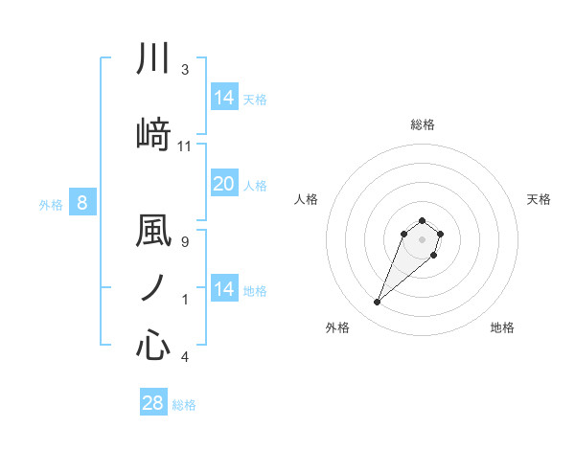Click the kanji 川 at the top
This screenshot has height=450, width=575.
click(x=153, y=59)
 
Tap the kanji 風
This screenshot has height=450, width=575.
click(x=153, y=233)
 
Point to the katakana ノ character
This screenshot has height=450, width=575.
click(x=153, y=287)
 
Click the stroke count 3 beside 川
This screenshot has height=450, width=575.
click(x=185, y=70)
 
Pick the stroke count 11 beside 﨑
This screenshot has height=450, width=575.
click(x=185, y=146)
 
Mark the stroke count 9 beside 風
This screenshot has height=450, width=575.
click(x=185, y=242)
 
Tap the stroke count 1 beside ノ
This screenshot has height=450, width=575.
click(x=185, y=300)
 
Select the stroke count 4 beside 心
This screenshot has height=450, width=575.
click(x=185, y=357)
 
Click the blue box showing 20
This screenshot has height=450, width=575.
click(x=223, y=184)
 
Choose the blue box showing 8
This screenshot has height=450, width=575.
click(x=82, y=202)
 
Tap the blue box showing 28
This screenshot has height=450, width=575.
click(x=153, y=403)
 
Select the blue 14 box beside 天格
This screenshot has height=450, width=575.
click(x=223, y=98)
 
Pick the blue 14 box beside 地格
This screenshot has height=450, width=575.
click(x=223, y=289)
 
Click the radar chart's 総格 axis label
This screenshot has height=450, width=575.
click(x=423, y=124)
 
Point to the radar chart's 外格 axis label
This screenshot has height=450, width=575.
click(x=337, y=327)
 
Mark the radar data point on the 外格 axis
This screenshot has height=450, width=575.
click(x=378, y=303)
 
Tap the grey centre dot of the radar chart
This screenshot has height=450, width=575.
click(x=423, y=239)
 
